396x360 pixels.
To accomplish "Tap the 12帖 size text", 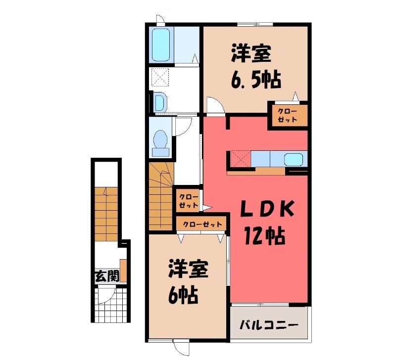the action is (x=264, y=236).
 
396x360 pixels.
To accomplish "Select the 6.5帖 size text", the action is (x=255, y=80).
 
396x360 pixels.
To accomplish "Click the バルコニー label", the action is (x=269, y=324).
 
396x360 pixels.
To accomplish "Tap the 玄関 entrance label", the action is (x=107, y=276).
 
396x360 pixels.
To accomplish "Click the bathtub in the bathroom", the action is (x=160, y=45).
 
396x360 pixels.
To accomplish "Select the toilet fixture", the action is (x=160, y=143).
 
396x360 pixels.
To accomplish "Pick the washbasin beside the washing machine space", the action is (x=160, y=102).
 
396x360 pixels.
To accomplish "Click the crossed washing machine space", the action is (x=159, y=78).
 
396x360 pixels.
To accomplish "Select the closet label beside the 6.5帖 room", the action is (x=288, y=115).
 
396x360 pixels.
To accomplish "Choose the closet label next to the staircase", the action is (x=189, y=201).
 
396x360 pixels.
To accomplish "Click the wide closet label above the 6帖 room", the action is (x=202, y=224).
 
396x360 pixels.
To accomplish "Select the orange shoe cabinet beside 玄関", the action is (x=123, y=270).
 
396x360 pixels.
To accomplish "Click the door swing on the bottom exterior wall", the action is (x=181, y=349).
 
